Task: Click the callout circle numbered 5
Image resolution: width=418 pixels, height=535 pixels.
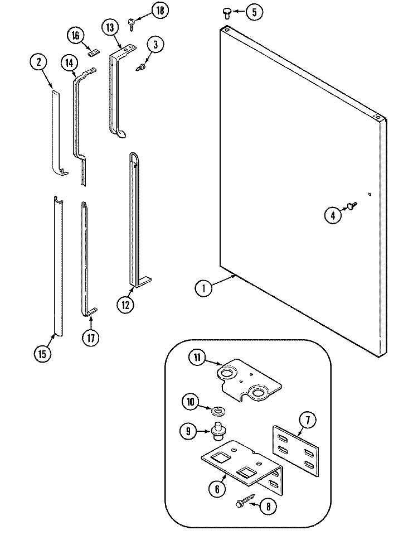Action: point(254,12)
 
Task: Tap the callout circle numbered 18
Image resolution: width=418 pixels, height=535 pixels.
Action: point(159,10)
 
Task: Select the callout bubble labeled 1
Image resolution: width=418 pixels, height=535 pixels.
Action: point(203,288)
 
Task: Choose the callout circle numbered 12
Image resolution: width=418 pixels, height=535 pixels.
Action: point(125,304)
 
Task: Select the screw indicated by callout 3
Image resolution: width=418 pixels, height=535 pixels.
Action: point(142,67)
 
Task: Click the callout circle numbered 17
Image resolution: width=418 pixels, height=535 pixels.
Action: point(90,337)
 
